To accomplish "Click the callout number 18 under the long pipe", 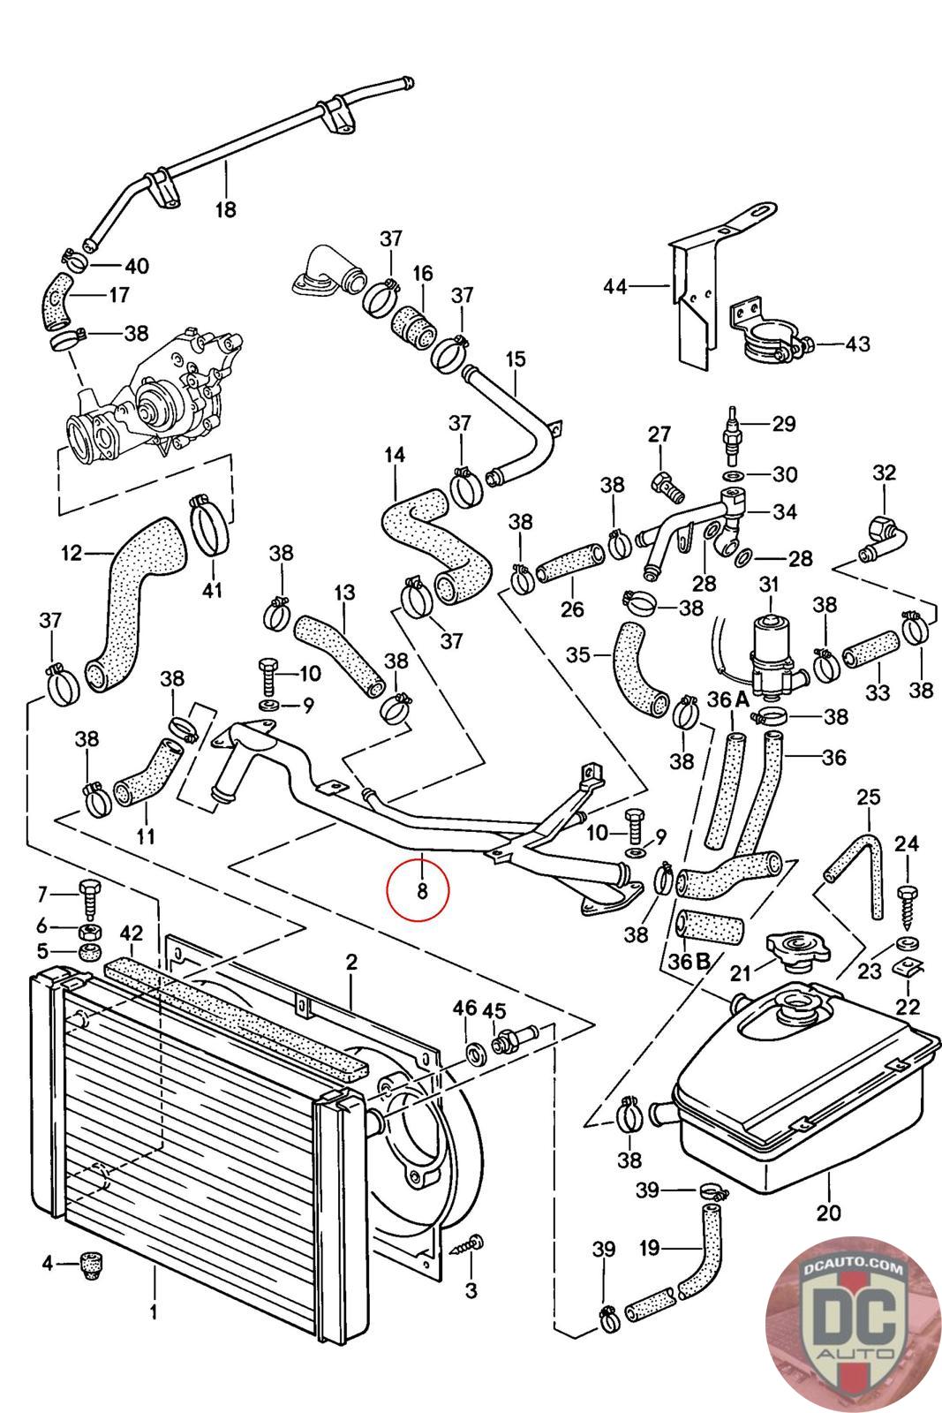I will click(226, 210).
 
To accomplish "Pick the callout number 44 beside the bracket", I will click(615, 286).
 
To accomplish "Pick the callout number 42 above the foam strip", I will click(131, 933).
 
